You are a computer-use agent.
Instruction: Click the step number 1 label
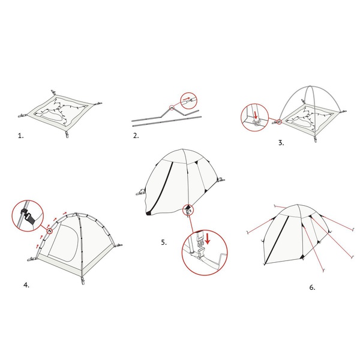tap(20, 136)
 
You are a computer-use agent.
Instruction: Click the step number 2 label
tap(136, 136)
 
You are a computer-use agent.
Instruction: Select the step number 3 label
tap(281, 143)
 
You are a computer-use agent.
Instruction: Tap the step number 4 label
tap(26, 285)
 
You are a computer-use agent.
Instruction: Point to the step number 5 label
tap(164, 242)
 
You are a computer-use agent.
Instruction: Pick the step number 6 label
tap(312, 287)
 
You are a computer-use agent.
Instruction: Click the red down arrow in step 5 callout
tap(208, 239)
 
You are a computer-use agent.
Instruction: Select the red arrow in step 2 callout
tap(187, 99)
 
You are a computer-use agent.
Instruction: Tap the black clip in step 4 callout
tap(27, 216)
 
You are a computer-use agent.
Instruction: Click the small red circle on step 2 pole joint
tap(171, 107)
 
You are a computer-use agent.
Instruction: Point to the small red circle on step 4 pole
tap(49, 231)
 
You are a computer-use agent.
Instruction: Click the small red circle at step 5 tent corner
tap(188, 211)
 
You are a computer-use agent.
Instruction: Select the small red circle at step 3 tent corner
tap(279, 122)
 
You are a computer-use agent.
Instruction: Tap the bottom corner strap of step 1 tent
tap(67, 134)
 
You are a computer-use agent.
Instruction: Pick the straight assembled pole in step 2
tap(167, 121)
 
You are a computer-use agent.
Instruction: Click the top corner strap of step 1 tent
tap(54, 92)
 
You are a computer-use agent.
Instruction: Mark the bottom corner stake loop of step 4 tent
tap(83, 281)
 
